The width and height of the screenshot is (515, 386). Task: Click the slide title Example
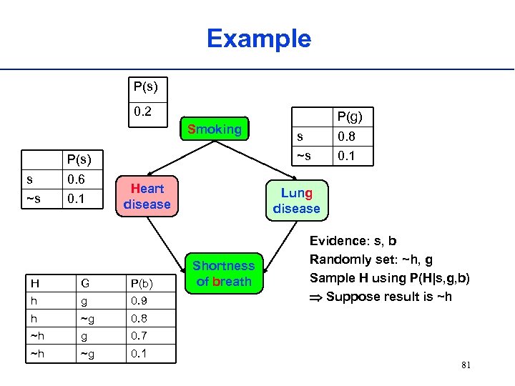click(259, 39)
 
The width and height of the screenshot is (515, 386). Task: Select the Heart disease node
click(147, 197)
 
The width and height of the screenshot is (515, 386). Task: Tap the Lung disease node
click(296, 200)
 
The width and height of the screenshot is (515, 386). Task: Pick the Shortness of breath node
click(224, 274)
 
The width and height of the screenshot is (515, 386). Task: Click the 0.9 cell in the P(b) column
click(139, 302)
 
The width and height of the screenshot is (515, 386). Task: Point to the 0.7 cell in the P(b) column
click(139, 335)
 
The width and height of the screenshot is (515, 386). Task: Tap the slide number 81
click(466, 366)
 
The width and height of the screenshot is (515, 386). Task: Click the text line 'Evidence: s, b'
click(354, 242)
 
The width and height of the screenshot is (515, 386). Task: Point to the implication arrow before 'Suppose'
click(315, 297)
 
